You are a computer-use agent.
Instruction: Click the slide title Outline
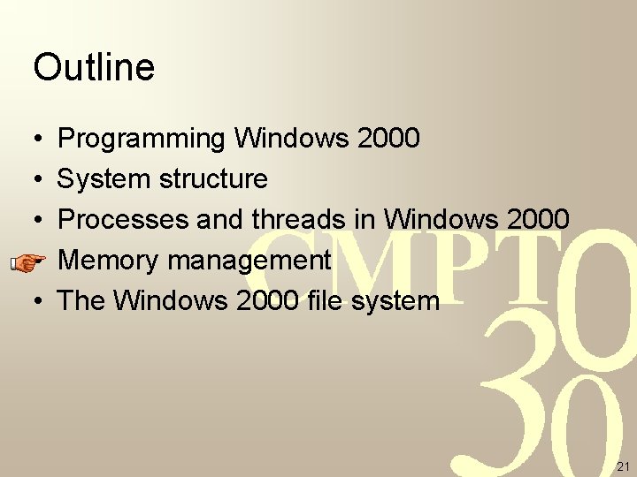coord(94,67)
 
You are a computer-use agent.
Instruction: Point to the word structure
coord(213,179)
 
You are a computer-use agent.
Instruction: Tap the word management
coord(249,261)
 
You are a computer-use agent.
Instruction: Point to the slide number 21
coord(622,466)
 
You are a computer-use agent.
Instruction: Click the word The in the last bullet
coord(81,300)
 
